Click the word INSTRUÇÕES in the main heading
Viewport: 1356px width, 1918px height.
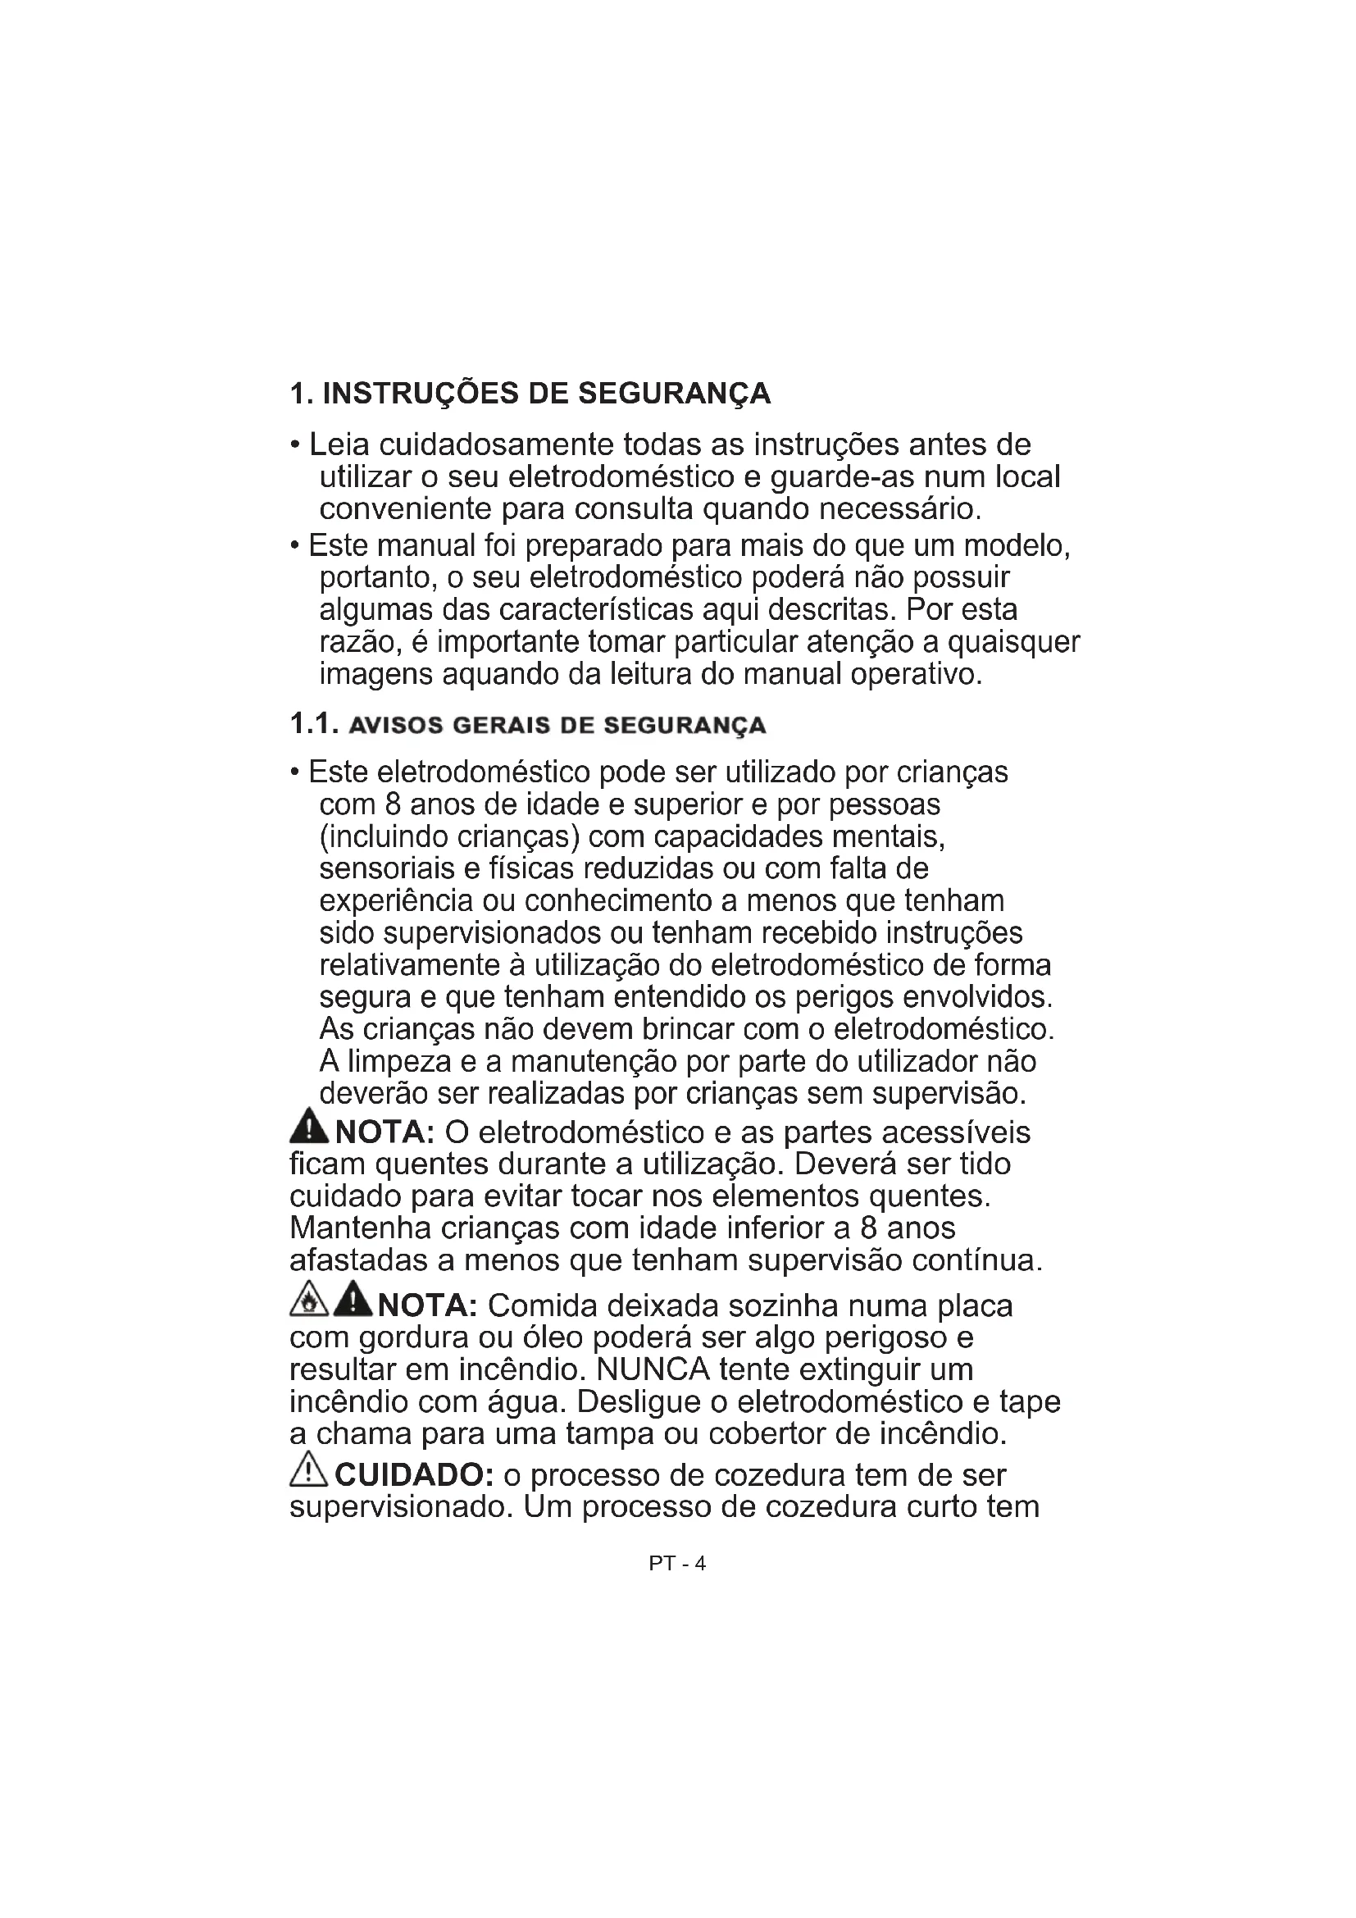coord(421,394)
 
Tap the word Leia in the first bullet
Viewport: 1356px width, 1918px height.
coord(338,444)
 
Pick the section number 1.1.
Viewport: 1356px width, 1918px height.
coord(313,724)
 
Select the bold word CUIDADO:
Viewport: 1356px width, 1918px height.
coord(414,1475)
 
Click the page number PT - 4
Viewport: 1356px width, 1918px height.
coord(677,1563)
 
